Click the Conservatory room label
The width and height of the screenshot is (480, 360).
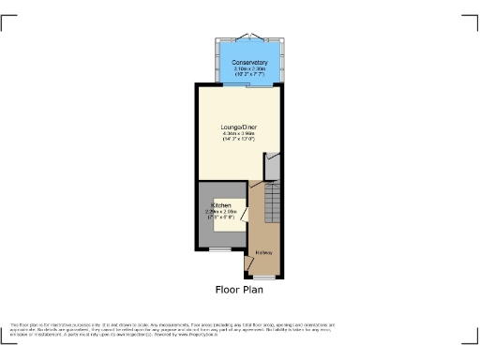[x=250, y=63]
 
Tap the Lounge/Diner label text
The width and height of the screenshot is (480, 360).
[x=238, y=127]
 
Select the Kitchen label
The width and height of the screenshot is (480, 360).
[x=220, y=203]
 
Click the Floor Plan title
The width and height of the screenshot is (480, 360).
[x=239, y=289]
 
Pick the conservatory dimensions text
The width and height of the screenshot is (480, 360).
[x=250, y=70]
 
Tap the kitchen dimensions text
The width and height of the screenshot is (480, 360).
[x=220, y=213]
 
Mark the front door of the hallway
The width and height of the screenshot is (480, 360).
[x=264, y=277]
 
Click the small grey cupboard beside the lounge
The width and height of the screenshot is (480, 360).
[x=273, y=167]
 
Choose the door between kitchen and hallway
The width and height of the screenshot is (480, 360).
[x=246, y=216]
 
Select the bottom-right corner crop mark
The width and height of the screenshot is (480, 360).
[x=472, y=339]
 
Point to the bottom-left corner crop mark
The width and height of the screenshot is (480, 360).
[x=7, y=339]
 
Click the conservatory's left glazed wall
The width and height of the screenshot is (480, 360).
[x=218, y=62]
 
